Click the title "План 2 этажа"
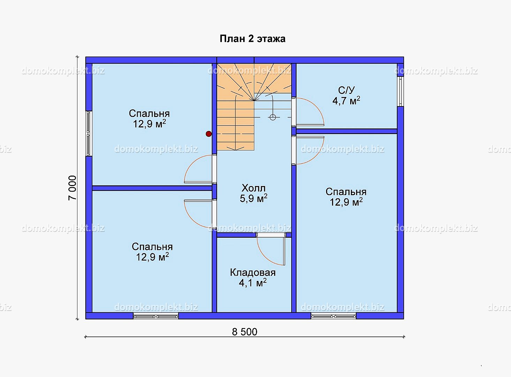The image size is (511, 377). click(252, 39)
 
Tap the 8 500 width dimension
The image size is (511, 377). click(245, 332)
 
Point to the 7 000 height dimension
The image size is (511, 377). click(72, 188)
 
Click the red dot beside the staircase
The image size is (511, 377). click(209, 134)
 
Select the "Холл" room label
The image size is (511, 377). click(254, 188)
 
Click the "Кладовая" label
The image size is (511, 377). click(253, 273)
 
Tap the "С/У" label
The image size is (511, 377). click(346, 90)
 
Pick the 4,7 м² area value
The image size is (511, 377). click(346, 101)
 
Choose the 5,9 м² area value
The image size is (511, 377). click(254, 198)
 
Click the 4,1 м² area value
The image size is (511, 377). click(253, 283)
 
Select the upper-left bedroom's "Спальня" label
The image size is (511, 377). click(149, 113)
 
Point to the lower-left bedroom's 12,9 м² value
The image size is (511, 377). click(152, 257)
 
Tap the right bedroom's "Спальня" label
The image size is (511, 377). click(346, 192)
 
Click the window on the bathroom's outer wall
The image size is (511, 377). click(400, 91)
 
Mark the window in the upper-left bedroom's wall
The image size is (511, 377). click(89, 134)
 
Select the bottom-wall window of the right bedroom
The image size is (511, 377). click(333, 316)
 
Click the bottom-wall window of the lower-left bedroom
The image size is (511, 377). click(156, 316)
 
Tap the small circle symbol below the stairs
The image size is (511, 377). click(273, 117)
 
